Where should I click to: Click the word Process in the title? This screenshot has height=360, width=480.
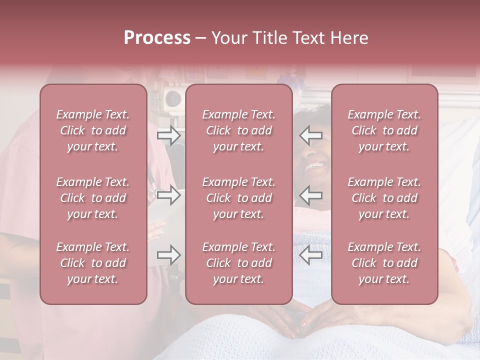157,38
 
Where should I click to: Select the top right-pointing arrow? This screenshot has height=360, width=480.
169,135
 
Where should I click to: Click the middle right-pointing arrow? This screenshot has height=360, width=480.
169,195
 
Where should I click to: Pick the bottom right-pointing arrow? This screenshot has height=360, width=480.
169,255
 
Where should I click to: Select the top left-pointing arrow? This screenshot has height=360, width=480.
310,135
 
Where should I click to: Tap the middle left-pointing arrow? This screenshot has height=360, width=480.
310,195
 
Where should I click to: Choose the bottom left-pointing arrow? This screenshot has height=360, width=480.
310,255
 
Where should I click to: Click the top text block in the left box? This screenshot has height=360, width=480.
93,130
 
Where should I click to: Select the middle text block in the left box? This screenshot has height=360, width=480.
93,198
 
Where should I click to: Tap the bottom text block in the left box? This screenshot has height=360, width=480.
93,263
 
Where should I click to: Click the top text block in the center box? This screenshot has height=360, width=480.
239,130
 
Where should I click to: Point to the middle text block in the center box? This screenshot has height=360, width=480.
239,198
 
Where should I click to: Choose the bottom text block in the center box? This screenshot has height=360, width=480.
239,263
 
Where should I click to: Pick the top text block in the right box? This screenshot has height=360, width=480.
384,130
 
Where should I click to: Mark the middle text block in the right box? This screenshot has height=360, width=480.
384,198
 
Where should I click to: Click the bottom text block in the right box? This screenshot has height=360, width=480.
384,263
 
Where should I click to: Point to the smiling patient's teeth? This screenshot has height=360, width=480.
314,164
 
